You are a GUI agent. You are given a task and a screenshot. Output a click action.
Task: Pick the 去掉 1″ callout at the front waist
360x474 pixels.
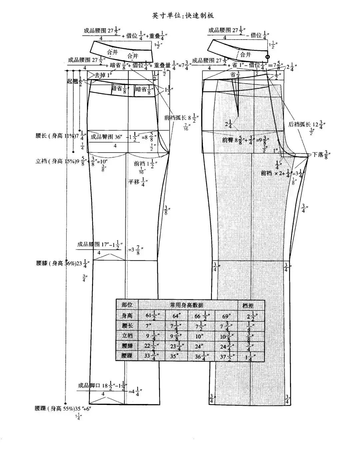tap(103, 75)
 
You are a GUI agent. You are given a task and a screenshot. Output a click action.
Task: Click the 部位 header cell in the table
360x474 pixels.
tap(127, 305)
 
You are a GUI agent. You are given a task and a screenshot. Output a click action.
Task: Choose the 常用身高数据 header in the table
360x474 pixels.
tap(187, 305)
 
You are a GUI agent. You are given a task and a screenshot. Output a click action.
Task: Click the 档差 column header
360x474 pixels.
tap(251, 305)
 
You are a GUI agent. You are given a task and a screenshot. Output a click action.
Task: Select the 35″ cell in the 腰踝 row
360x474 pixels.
tap(176, 355)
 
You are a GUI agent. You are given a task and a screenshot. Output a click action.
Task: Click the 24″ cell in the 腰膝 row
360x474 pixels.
tap(200, 345)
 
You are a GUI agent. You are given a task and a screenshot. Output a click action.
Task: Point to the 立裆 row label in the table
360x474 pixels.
tap(127, 335)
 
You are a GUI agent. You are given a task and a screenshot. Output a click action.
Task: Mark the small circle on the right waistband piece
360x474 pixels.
tap(267, 57)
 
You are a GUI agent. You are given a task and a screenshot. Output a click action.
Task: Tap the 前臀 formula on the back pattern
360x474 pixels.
tap(246, 140)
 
